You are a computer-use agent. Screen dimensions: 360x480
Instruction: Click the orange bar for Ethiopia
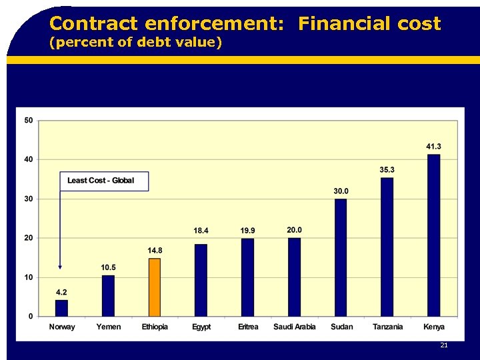coord(154,287)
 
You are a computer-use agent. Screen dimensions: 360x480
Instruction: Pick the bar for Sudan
coord(341,257)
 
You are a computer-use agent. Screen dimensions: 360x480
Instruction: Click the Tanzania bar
coord(387,247)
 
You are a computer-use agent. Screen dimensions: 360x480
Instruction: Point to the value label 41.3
coord(433,147)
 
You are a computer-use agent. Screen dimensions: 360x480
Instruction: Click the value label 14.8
coord(155,251)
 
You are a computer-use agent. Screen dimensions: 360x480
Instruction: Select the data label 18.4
coord(201,231)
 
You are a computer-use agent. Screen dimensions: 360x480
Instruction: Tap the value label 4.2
coord(61,292)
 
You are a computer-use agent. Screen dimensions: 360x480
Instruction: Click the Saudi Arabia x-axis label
coord(294,327)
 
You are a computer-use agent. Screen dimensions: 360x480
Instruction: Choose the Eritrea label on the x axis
coord(248,327)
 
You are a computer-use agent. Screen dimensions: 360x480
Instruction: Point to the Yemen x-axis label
coord(108,327)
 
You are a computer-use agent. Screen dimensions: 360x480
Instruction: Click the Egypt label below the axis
coord(201,327)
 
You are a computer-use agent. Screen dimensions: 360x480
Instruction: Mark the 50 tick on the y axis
coord(28,121)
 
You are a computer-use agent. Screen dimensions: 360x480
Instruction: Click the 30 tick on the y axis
coord(28,199)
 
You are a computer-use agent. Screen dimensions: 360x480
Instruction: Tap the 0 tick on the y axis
coord(31,316)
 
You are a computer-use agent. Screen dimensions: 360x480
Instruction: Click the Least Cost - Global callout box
coord(104,181)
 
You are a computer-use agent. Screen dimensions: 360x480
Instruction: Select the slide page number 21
coord(443,345)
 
